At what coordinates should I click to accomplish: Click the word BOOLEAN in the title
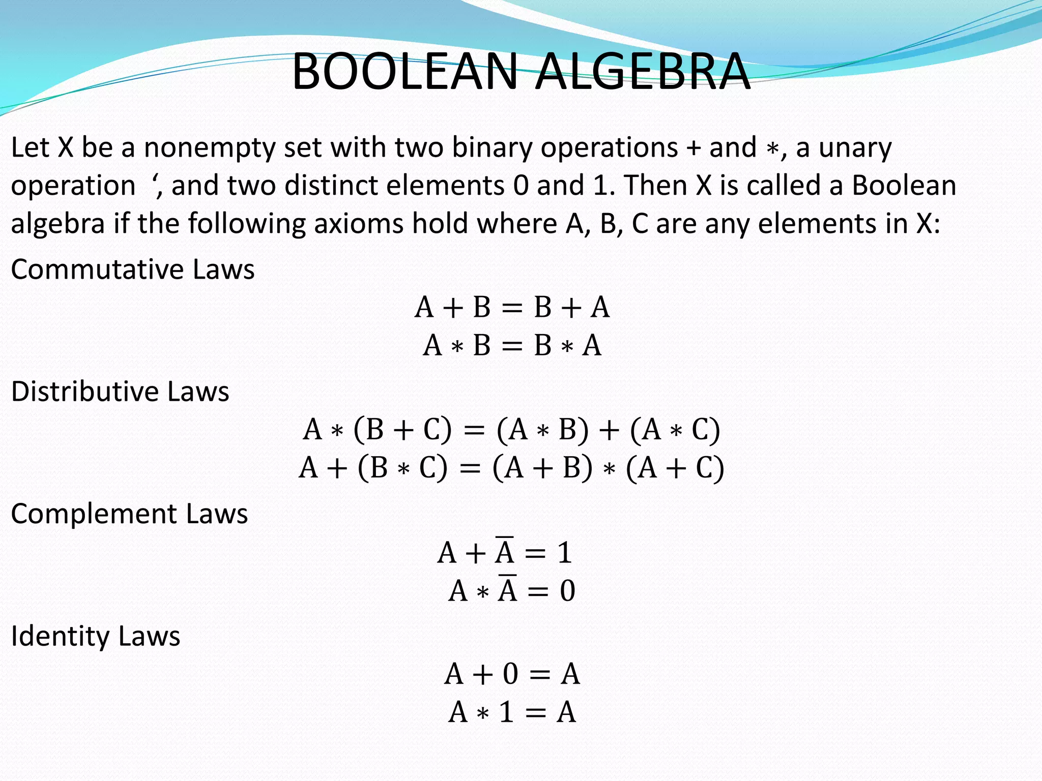click(x=404, y=72)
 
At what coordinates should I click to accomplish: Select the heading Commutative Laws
click(x=133, y=269)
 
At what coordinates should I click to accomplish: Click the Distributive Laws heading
click(x=120, y=392)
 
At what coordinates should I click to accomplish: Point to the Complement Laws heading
click(x=129, y=514)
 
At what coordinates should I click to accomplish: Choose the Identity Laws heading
click(x=96, y=636)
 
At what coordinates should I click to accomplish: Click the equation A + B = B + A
click(x=512, y=307)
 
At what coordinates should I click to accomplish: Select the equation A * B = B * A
click(x=512, y=346)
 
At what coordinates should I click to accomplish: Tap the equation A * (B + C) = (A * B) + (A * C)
click(x=511, y=430)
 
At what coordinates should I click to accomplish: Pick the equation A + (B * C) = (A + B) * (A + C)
click(x=511, y=468)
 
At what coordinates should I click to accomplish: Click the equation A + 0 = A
click(x=512, y=674)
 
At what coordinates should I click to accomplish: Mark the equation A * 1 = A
click(x=512, y=712)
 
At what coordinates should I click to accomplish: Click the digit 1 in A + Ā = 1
click(x=564, y=552)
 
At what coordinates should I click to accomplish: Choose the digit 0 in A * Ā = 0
click(x=567, y=591)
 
